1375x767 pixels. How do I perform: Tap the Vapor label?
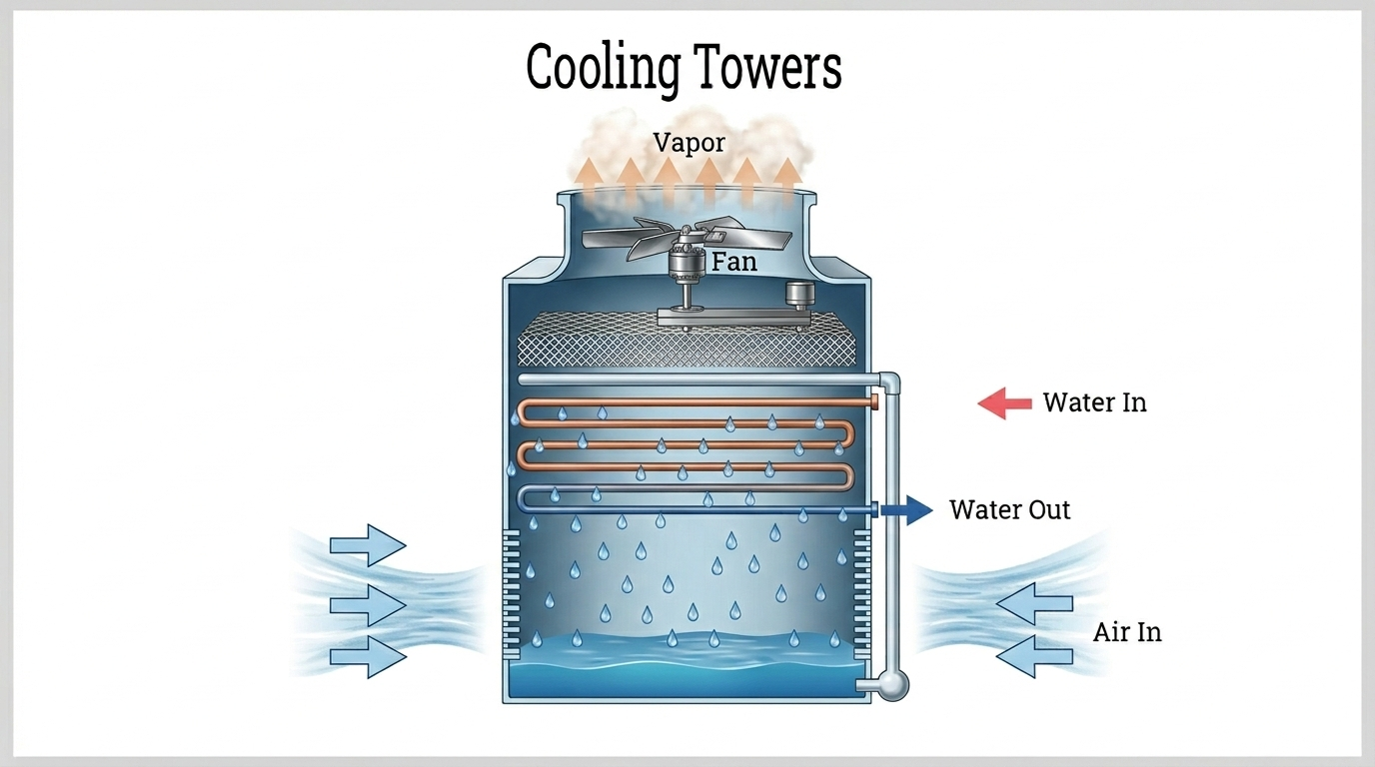coord(689,142)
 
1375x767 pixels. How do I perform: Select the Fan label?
coord(733,263)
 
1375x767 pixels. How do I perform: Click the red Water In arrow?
coord(1004,403)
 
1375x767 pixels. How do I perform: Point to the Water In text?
coord(1094,402)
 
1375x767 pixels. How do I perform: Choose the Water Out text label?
coord(1009,509)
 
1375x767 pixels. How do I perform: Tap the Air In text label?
coord(1127,632)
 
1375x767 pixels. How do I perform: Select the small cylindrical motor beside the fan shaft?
coord(799,296)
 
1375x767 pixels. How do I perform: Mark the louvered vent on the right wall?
coord(861,594)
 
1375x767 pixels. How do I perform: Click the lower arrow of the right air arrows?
coord(1034,656)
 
